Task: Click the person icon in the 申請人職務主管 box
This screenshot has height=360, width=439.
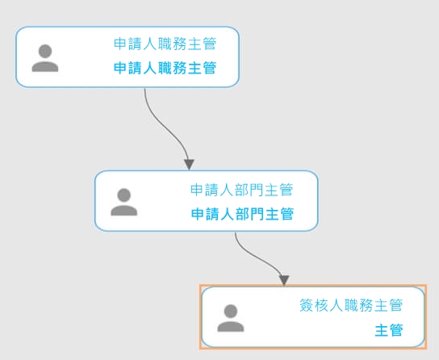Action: point(45,58)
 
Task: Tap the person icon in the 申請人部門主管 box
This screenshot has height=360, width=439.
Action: point(124,202)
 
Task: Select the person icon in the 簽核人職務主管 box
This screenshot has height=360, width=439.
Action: point(231,318)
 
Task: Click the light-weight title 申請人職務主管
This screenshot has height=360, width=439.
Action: point(165,44)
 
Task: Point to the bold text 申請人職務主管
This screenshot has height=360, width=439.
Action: point(165,68)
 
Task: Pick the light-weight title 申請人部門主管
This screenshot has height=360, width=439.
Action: point(241,190)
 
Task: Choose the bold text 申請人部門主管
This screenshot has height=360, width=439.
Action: point(242,214)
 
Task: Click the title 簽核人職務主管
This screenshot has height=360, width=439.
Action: point(351,305)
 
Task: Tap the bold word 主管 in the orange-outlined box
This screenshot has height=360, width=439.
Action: point(389,330)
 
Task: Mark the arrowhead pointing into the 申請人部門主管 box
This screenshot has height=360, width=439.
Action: point(190,165)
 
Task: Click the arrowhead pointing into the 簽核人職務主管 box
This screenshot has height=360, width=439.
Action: point(284,281)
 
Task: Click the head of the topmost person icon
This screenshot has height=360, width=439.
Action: point(45,51)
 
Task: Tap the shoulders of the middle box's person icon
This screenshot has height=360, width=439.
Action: point(124,210)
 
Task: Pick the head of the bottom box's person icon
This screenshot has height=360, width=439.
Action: point(231,311)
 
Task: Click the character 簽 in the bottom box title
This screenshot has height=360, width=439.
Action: point(307,305)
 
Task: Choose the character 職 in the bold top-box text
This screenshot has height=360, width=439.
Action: point(165,68)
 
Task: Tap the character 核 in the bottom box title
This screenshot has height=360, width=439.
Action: point(321,305)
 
